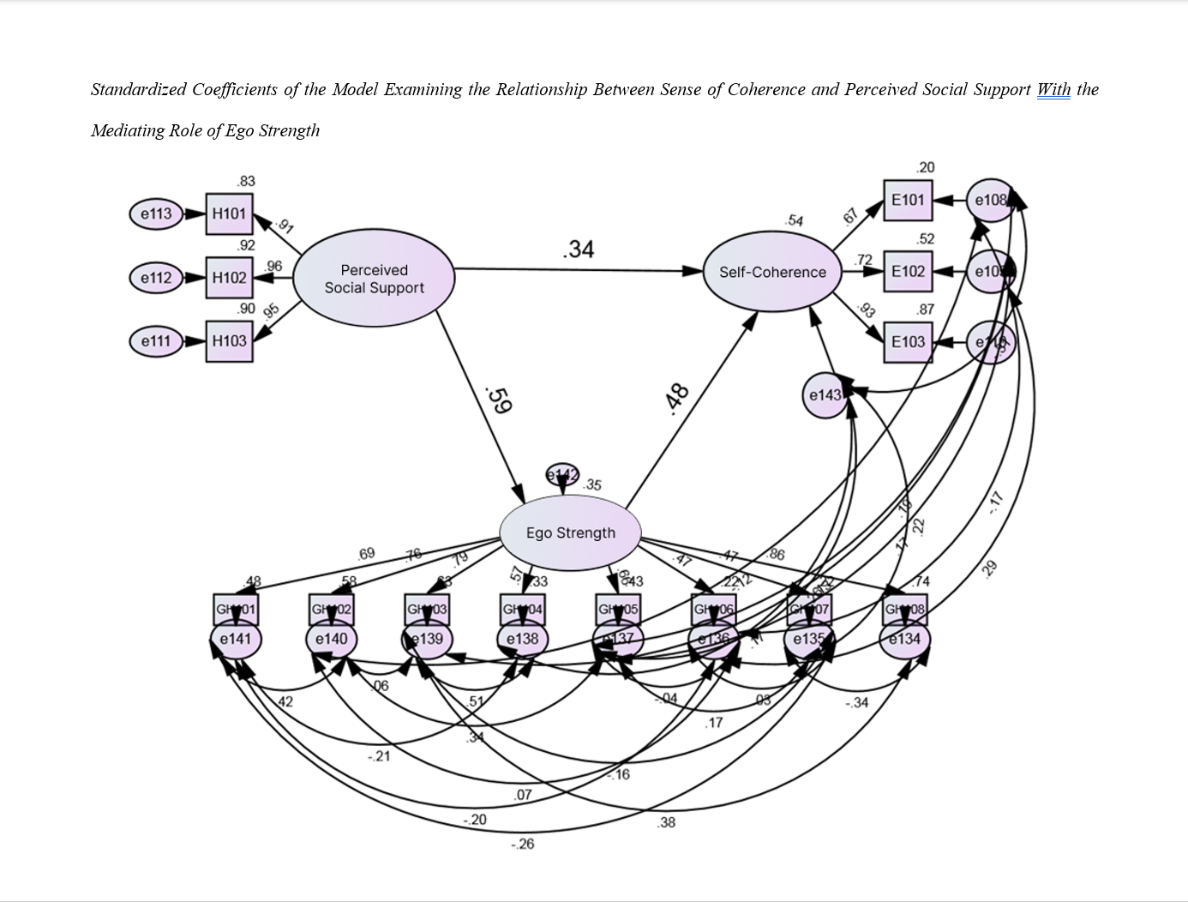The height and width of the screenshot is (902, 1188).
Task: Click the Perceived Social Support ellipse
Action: click(374, 279)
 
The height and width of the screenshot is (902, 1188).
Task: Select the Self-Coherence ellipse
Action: click(772, 272)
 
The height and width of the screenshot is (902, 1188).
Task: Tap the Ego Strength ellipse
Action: click(571, 532)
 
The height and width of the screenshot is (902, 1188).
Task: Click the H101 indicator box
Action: click(230, 213)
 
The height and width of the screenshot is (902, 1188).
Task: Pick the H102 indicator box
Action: click(230, 278)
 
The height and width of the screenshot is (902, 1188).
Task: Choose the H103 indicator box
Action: click(230, 341)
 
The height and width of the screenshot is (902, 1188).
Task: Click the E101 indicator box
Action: click(908, 201)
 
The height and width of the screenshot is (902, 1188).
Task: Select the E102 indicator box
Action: click(908, 272)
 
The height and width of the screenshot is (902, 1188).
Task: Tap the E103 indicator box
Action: click(908, 342)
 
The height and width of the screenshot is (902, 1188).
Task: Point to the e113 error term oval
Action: click(156, 213)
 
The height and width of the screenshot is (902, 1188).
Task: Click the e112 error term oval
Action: click(156, 278)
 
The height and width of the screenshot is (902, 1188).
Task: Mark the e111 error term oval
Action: click(156, 341)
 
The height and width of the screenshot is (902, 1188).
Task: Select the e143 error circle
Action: click(825, 395)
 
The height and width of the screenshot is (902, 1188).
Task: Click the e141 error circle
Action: click(236, 640)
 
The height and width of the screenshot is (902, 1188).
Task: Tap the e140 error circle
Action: click(332, 640)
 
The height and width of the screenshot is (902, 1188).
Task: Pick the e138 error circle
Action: click(522, 640)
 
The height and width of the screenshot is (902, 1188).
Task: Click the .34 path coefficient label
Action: click(579, 250)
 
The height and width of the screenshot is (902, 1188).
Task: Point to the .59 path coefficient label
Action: click(498, 400)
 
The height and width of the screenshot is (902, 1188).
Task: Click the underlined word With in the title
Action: click(1053, 89)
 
